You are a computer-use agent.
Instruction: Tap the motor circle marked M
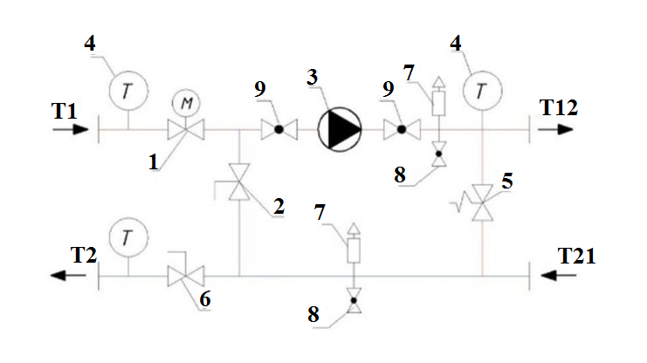click(x=186, y=103)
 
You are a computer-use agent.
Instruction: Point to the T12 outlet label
click(x=558, y=107)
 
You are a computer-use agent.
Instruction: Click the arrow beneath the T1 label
click(x=70, y=130)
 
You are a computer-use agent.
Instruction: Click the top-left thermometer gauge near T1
click(x=128, y=87)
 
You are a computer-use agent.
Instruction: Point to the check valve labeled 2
click(x=239, y=185)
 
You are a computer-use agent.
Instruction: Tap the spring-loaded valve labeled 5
click(x=482, y=207)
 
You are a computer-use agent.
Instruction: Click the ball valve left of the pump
click(x=279, y=131)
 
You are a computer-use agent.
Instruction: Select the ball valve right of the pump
click(x=402, y=131)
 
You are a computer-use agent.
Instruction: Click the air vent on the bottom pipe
click(x=353, y=249)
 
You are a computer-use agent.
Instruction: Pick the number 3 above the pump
click(x=312, y=79)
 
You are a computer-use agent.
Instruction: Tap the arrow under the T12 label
click(x=554, y=130)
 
